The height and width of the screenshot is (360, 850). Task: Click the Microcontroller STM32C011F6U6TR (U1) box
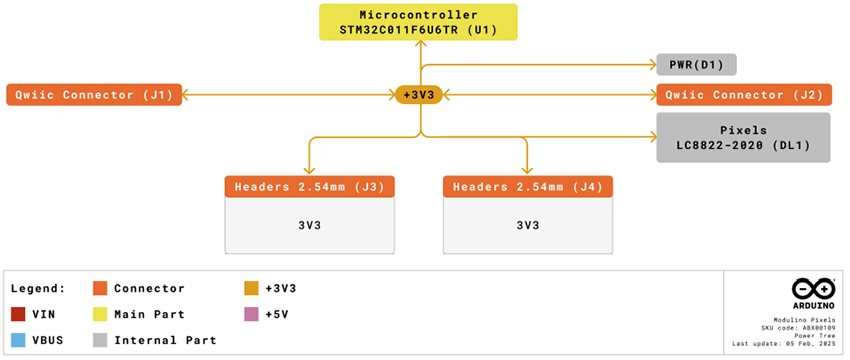click(420, 22)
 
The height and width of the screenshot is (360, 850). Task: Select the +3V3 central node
click(420, 95)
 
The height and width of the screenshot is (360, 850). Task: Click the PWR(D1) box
click(696, 65)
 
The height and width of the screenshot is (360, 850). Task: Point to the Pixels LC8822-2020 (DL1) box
click(743, 137)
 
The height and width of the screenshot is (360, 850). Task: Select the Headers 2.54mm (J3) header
click(309, 186)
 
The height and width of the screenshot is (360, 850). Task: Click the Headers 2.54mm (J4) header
click(527, 186)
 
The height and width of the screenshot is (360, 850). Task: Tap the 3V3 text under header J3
click(309, 225)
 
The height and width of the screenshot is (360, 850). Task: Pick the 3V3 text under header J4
click(527, 225)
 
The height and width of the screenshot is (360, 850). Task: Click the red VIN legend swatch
click(17, 314)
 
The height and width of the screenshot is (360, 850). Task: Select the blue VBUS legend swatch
click(17, 340)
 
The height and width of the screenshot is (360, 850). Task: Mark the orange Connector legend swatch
click(99, 288)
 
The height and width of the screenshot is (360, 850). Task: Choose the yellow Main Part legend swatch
click(99, 314)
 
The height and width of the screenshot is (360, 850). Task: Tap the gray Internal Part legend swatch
click(99, 340)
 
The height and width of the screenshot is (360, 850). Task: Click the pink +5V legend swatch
click(251, 314)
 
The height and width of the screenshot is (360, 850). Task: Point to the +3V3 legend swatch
click(251, 288)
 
